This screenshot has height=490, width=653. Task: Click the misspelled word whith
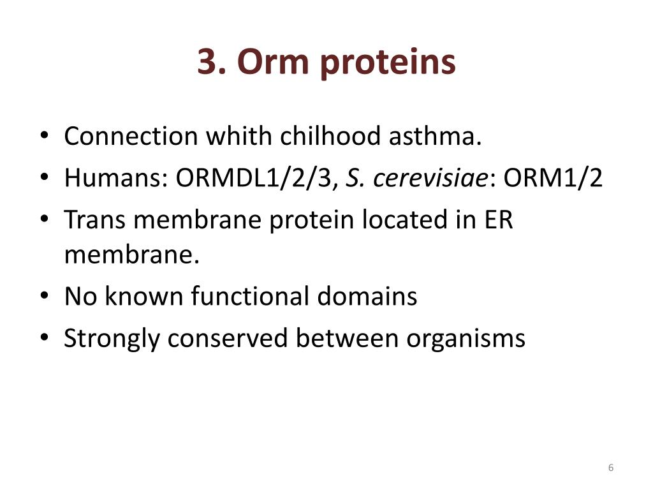tap(240, 136)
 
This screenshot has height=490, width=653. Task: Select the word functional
tap(263, 296)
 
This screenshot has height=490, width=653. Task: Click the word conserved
tap(228, 338)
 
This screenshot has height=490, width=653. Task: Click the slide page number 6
tap(611, 468)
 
